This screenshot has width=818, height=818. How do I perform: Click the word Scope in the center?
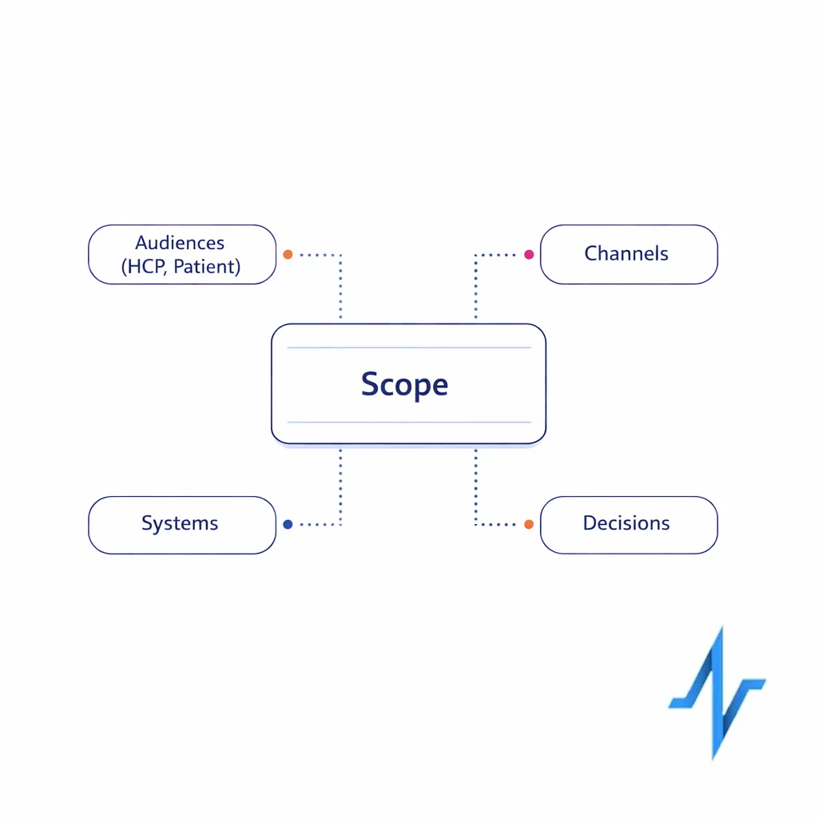[404, 384]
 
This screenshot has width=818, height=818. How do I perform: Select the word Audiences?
[180, 243]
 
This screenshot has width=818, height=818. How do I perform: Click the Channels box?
[628, 254]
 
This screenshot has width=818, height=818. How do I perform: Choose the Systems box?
[181, 524]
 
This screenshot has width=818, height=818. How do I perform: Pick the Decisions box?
[628, 524]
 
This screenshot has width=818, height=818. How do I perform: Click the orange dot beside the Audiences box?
[288, 255]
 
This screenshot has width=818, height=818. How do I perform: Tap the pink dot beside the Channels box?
[529, 255]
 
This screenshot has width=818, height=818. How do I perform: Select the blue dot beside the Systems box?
[288, 524]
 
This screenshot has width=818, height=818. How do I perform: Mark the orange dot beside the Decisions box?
[529, 524]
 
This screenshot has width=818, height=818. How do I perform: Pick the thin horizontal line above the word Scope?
[408, 347]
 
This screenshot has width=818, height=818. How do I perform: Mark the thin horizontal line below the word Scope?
[408, 422]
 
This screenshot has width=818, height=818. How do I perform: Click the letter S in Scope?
[370, 384]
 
